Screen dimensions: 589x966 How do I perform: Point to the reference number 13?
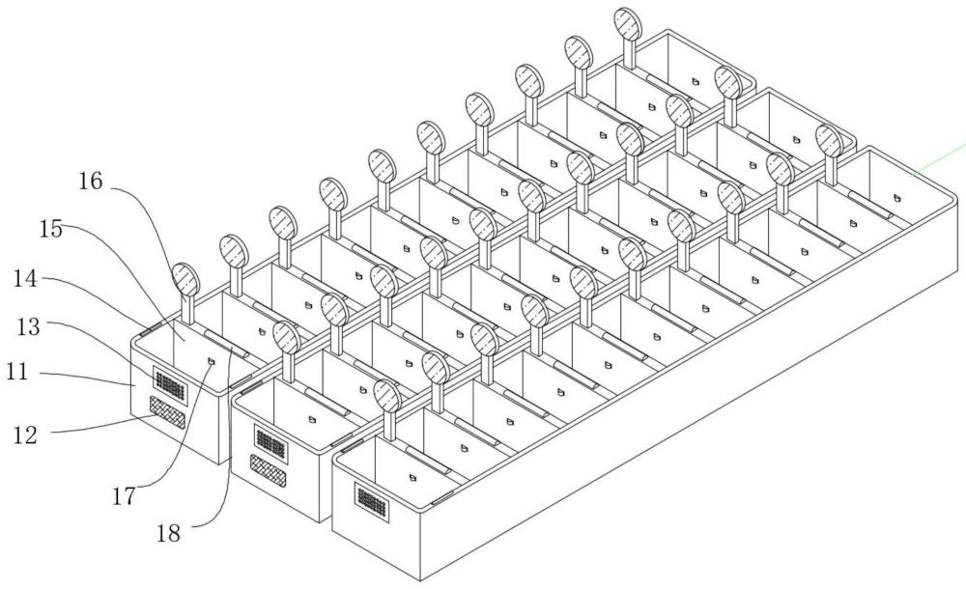pyautogui.click(x=27, y=326)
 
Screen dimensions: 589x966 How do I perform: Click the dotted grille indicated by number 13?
pyautogui.click(x=170, y=384)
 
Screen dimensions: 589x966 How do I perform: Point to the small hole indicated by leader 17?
pyautogui.click(x=212, y=360)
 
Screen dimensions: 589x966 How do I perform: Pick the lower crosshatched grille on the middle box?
pyautogui.click(x=266, y=464)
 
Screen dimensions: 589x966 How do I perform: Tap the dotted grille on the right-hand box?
pyautogui.click(x=370, y=499)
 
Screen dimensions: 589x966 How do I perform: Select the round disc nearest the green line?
pyautogui.click(x=828, y=140)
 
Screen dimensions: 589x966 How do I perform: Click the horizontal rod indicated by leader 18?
pyautogui.click(x=228, y=344)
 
